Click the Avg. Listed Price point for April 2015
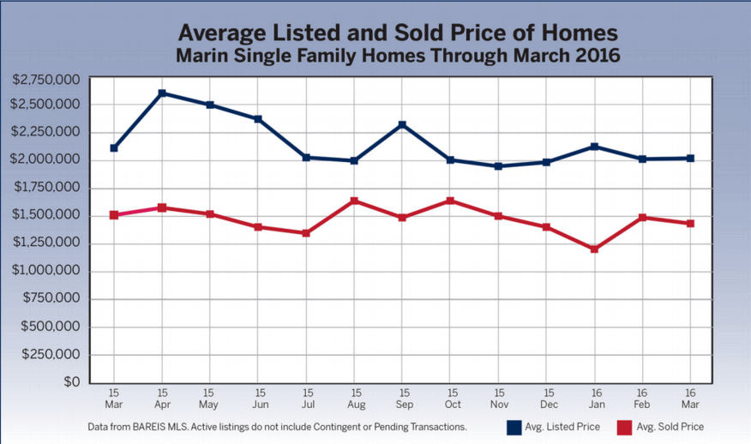[162, 93]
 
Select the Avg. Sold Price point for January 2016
[594, 249]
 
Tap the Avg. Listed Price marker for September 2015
[402, 125]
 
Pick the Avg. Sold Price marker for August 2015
[354, 201]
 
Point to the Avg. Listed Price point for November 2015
[498, 165]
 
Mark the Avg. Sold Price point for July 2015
[306, 232]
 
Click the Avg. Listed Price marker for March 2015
[114, 147]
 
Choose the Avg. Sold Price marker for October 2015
[450, 201]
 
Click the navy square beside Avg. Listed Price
[514, 426]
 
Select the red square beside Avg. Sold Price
[625, 426]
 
